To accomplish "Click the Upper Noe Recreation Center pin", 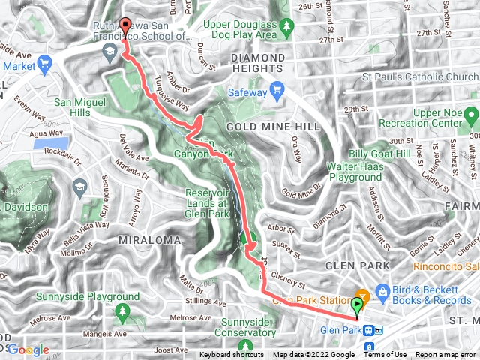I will tap(471, 116).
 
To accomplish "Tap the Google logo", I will tap(28, 349).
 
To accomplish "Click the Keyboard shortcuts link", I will tap(232, 355).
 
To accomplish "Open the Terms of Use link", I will tap(385, 355).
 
